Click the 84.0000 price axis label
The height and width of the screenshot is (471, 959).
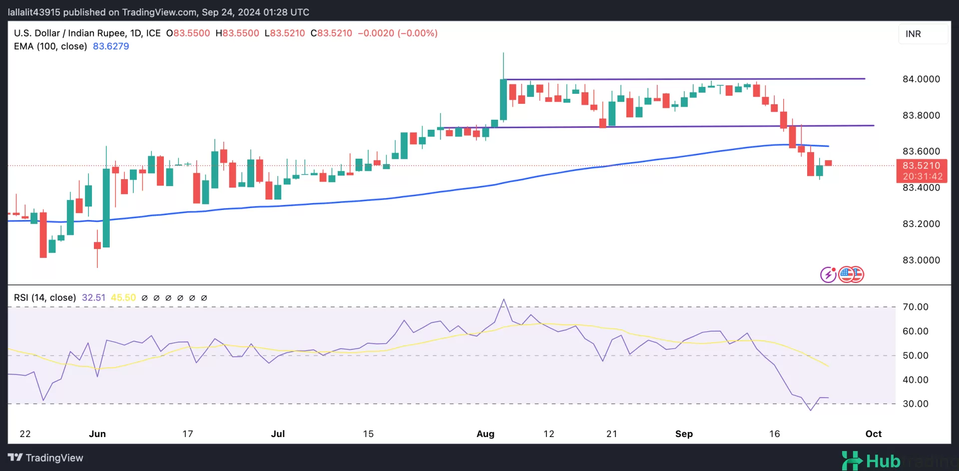click(921, 79)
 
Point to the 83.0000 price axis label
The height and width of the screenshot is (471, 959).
click(921, 260)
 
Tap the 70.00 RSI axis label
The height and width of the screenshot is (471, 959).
click(915, 307)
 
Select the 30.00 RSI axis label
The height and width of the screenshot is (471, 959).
click(915, 404)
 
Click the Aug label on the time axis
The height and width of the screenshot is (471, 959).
click(485, 434)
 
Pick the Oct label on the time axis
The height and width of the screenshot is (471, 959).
click(873, 434)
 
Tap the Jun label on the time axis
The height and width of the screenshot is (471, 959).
click(97, 434)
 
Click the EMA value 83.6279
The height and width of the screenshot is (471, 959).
click(111, 46)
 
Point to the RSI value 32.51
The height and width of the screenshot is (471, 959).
click(93, 298)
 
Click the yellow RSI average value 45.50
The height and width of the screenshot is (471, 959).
click(123, 298)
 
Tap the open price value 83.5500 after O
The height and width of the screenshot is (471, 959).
click(191, 33)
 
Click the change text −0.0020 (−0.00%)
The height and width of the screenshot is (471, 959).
click(398, 33)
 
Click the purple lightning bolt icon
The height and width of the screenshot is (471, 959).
click(828, 274)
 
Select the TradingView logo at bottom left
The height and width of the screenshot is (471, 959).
click(45, 458)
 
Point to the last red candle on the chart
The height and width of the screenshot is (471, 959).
click(829, 163)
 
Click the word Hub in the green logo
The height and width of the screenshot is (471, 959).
click(883, 461)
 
